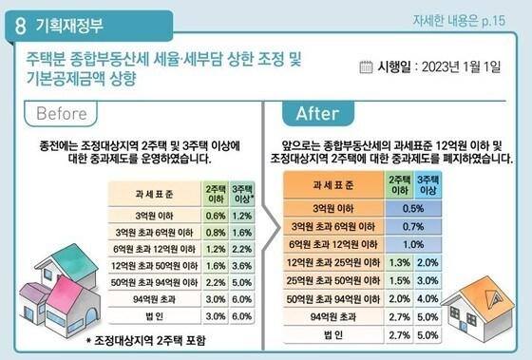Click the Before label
coord(69,114)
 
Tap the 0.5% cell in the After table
coord(412,208)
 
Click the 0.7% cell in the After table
coord(412,226)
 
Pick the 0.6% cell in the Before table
coord(216,214)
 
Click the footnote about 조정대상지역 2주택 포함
coord(144,340)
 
